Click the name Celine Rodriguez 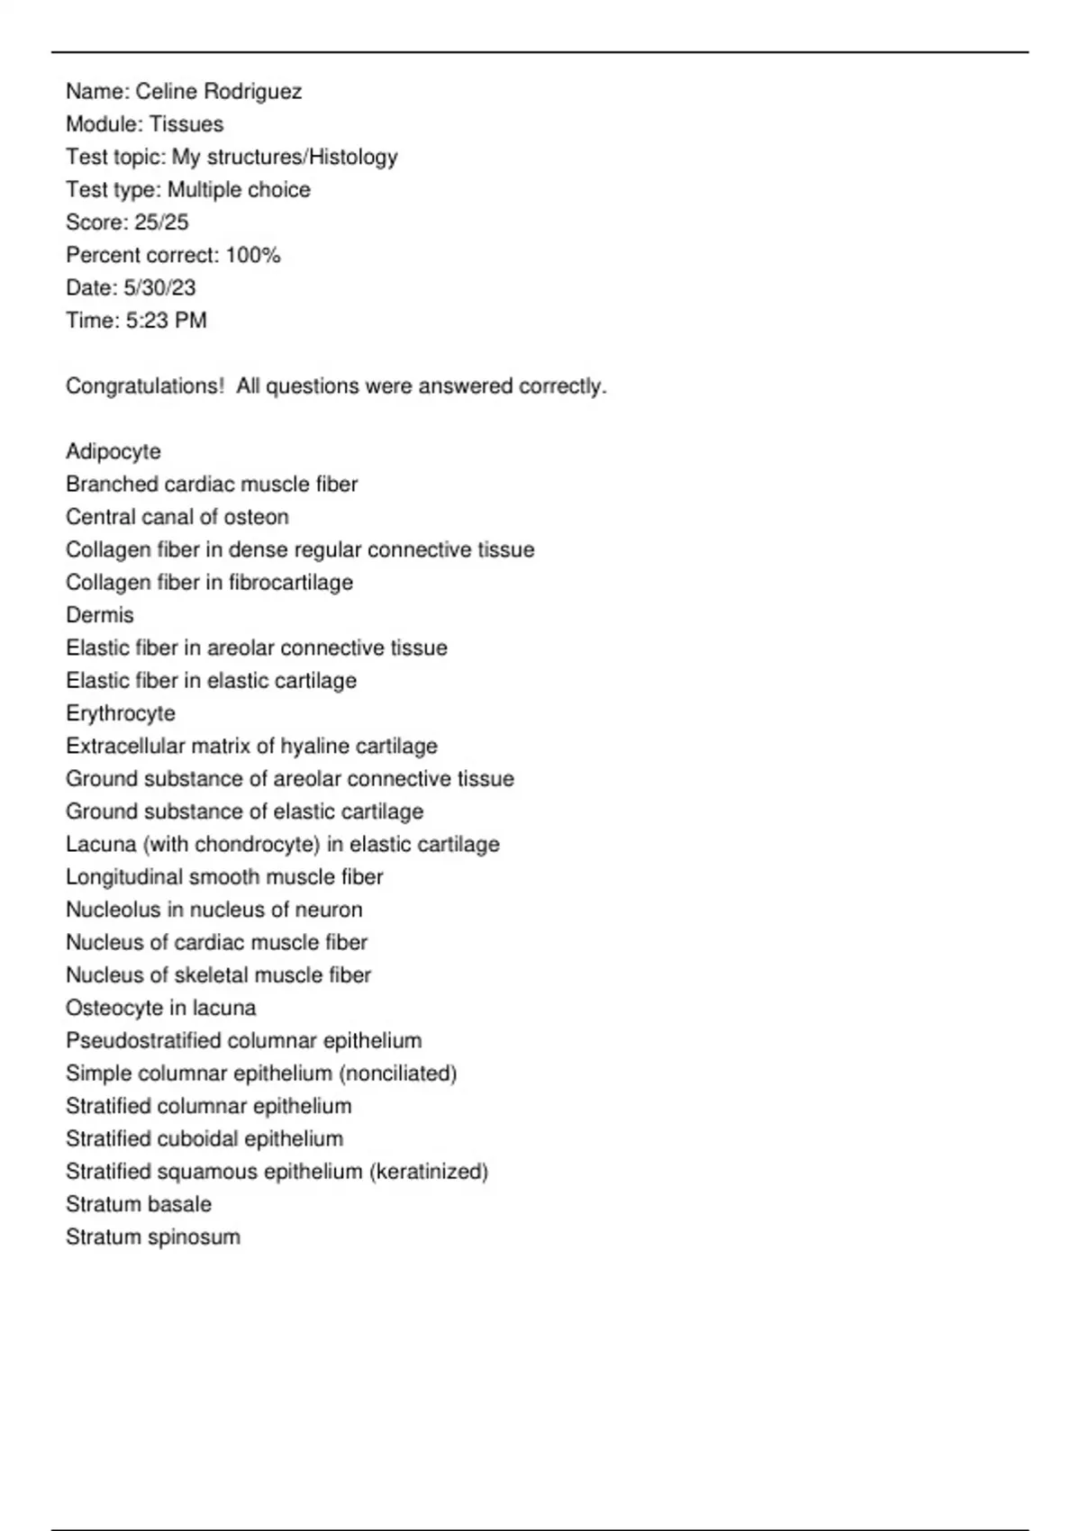click(x=219, y=92)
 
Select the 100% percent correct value click(x=253, y=256)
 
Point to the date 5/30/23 click(x=159, y=288)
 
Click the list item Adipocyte click(x=114, y=452)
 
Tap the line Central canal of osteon click(x=177, y=517)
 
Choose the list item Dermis click(x=100, y=615)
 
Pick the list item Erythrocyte click(x=121, y=713)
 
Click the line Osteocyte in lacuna click(x=161, y=1008)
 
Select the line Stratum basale click(x=139, y=1204)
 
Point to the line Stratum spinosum click(x=153, y=1237)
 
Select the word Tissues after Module click(x=186, y=124)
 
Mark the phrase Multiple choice click(x=239, y=190)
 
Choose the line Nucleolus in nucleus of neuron click(x=214, y=910)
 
